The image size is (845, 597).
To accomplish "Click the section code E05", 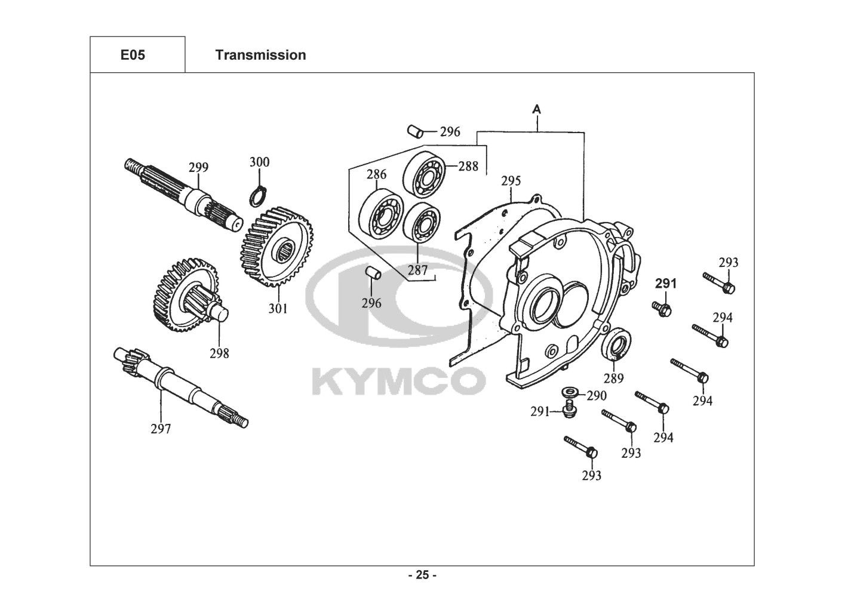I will pos(133,55).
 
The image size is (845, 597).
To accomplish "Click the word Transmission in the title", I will pos(260,55).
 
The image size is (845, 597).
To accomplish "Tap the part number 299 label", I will pos(198,167).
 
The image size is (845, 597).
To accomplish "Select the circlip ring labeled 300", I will pos(257,195).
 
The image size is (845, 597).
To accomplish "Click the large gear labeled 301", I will pos(278,246).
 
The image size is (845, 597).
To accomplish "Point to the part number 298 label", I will pos(219,353).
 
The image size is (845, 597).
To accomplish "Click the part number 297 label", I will pos(161,428).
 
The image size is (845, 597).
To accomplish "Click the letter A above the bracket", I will pos(537,109).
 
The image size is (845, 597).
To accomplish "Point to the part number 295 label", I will pos(511,181).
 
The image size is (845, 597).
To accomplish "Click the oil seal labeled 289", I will pos(616,344).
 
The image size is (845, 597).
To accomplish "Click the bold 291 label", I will pos(666,284).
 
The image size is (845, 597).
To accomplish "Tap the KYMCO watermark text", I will pos(398,381).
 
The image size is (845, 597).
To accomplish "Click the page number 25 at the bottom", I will pos(422,576).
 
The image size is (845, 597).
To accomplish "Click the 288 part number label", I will pos(468,167).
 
